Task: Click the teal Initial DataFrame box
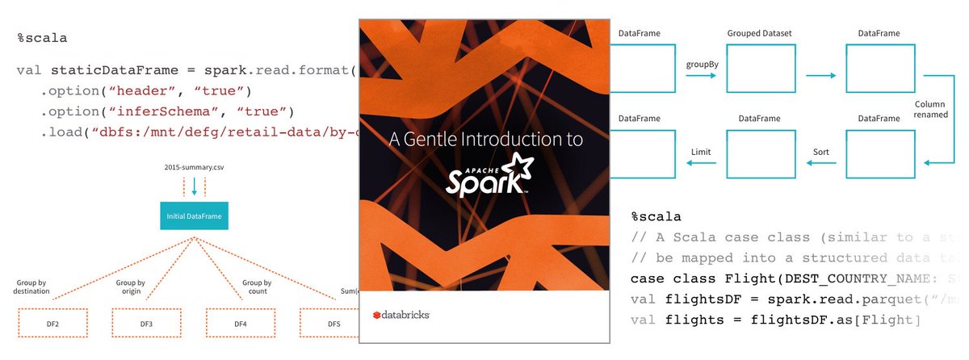[193, 216]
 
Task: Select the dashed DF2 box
[52, 323]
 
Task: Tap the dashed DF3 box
[147, 323]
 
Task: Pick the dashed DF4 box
[241, 323]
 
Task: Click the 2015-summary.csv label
[193, 168]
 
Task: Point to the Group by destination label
[32, 287]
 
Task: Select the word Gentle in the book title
[466, 139]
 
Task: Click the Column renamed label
[931, 110]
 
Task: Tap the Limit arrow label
[700, 151]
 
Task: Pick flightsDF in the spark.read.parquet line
[699, 300]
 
